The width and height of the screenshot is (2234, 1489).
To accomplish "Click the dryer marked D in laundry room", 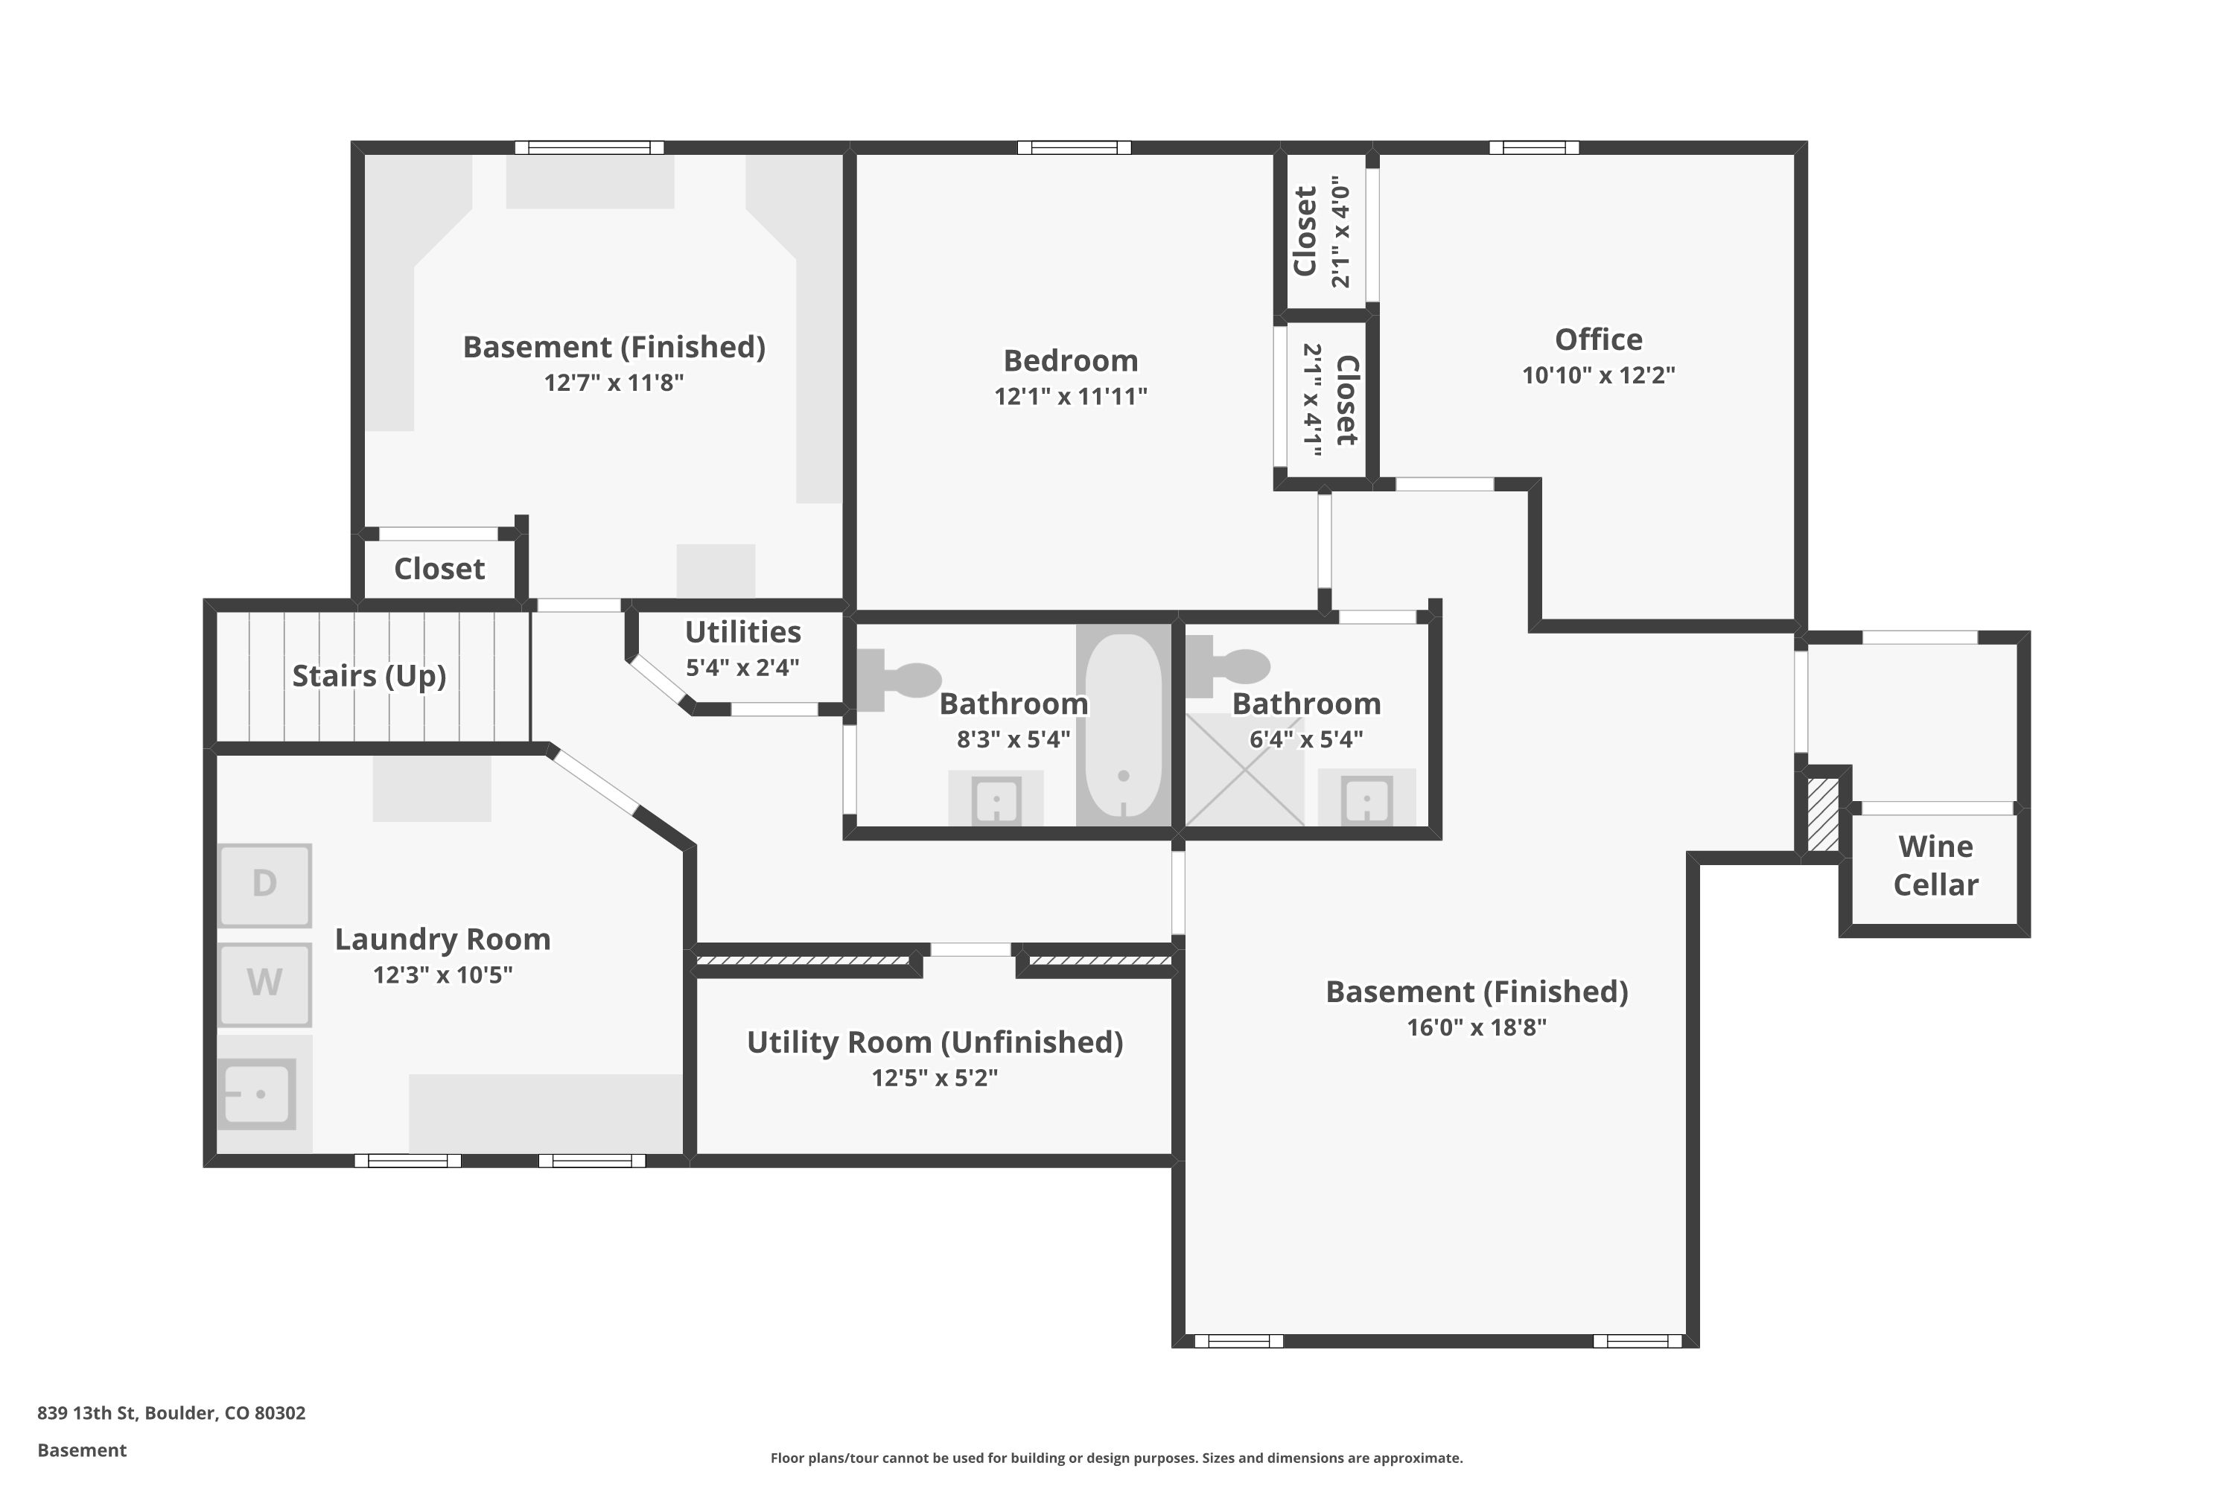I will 264,885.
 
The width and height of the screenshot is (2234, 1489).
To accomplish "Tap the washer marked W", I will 264,983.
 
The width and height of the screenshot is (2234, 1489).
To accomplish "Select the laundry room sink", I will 258,1094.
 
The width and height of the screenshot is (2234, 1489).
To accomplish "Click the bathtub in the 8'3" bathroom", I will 1123,725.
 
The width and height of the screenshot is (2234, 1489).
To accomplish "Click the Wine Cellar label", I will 1935,865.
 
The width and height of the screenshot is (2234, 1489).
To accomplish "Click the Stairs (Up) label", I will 369,675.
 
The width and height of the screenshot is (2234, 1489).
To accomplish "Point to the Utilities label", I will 742,631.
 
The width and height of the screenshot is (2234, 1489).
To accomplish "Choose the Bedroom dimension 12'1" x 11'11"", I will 1071,397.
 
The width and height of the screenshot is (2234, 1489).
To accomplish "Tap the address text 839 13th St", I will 171,1412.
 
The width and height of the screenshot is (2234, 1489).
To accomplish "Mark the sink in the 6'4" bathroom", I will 1366,800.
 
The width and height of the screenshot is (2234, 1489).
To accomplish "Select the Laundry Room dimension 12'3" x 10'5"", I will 442,975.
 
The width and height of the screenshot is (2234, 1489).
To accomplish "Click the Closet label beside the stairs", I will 439,569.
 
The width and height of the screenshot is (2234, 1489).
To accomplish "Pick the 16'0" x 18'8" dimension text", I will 1476,1027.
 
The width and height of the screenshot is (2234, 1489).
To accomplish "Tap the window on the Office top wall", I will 1533,147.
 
